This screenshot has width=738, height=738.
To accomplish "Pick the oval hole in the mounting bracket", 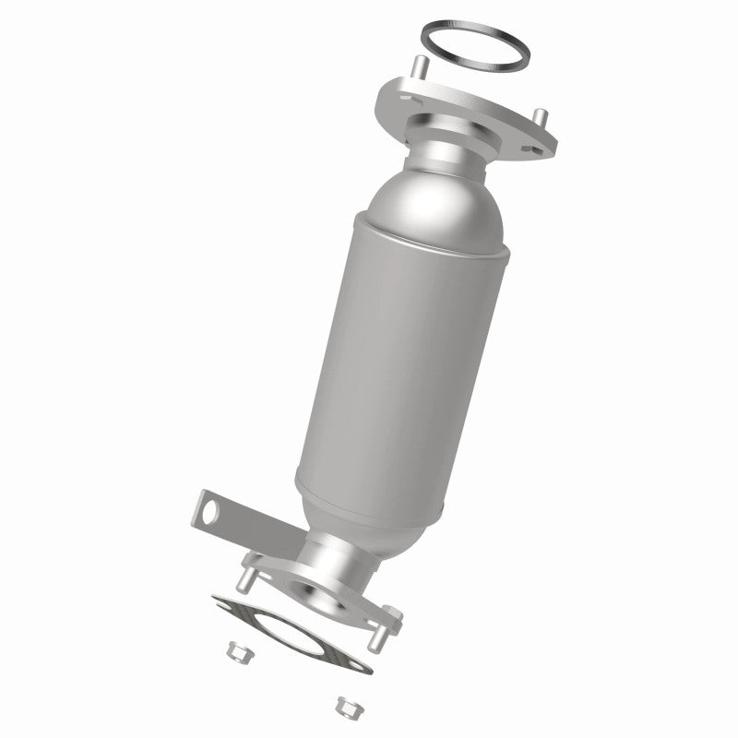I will point(209,509).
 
